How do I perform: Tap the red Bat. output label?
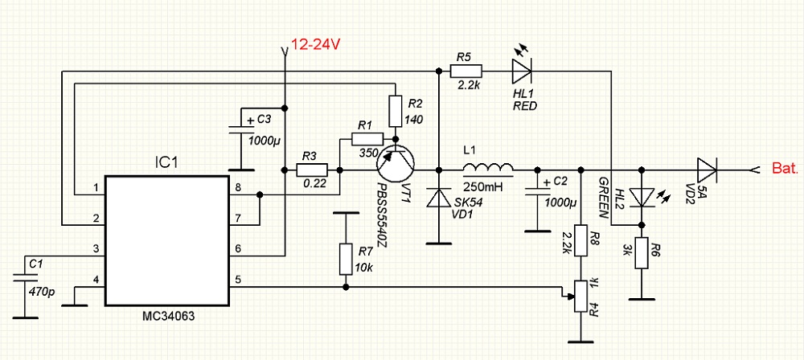(785, 170)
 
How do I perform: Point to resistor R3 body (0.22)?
(312, 170)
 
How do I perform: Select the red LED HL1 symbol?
(521, 72)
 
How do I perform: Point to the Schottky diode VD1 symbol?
(439, 198)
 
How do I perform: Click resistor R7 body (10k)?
(346, 257)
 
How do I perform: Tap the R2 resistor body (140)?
(395, 111)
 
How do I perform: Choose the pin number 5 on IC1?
(238, 280)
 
